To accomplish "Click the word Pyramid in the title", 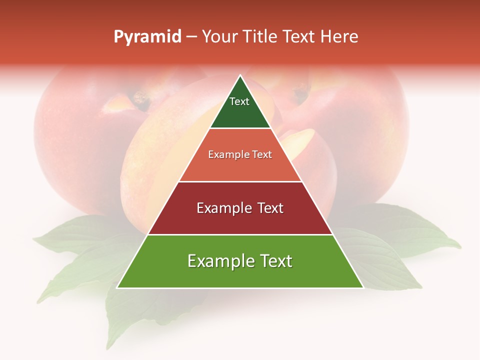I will click(x=147, y=37).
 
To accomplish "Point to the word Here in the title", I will click(x=339, y=37).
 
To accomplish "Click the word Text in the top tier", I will click(x=239, y=101).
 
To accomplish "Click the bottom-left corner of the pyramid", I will click(x=117, y=287).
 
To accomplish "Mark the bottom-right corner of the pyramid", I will click(x=363, y=287).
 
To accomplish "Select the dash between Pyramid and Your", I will click(x=191, y=37).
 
